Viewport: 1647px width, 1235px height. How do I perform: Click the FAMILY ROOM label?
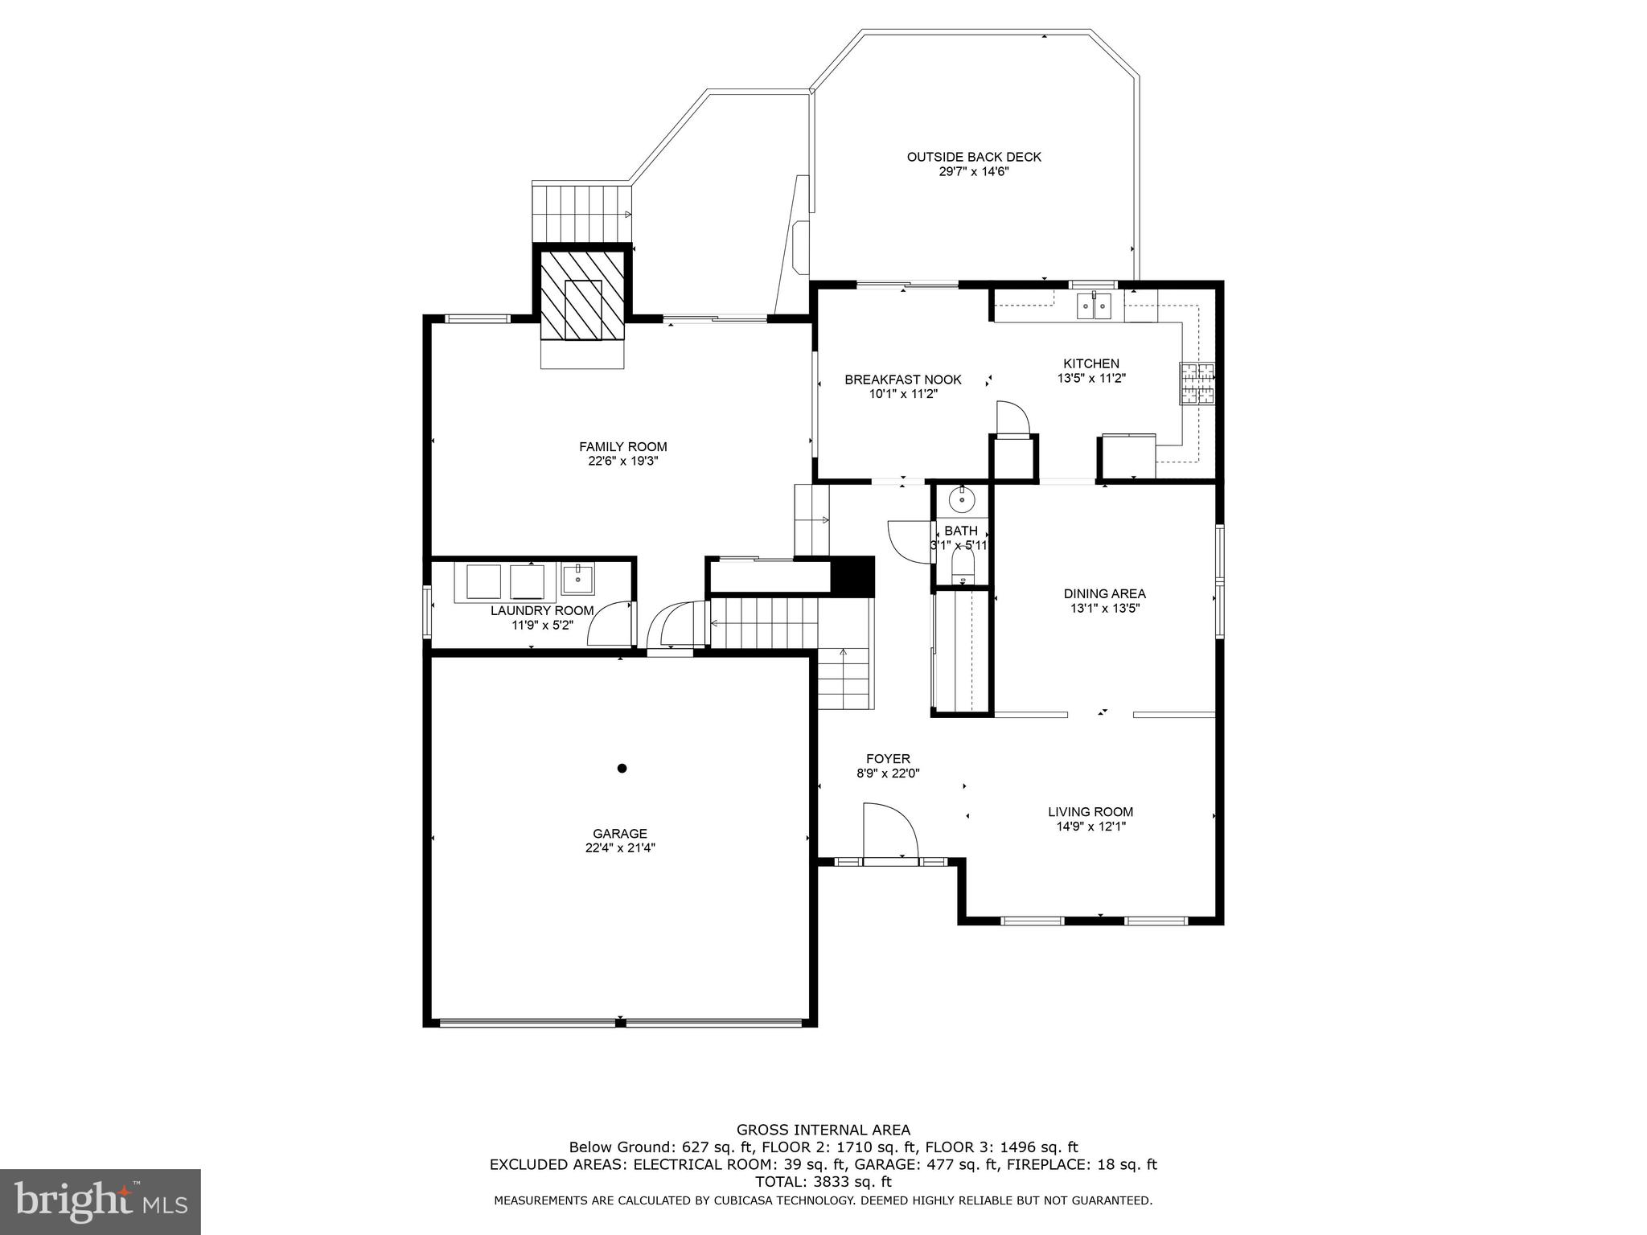point(622,447)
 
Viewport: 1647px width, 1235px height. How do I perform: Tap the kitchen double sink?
point(1094,306)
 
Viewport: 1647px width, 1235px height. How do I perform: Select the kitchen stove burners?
point(1197,383)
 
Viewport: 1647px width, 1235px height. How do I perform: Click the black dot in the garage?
point(622,769)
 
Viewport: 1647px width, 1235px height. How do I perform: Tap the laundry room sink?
point(577,577)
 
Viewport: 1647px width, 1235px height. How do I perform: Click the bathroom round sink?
point(962,500)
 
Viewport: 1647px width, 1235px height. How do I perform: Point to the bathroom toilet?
point(963,568)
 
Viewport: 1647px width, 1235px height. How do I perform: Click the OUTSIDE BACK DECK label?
point(974,157)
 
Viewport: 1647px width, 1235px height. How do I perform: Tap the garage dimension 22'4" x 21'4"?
point(620,847)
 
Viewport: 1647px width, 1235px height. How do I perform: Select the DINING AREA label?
point(1104,593)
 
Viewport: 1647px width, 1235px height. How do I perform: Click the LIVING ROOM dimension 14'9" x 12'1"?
point(1090,826)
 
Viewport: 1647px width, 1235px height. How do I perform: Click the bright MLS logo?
point(101,1202)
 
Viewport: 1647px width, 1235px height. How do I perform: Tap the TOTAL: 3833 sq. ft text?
point(823,1182)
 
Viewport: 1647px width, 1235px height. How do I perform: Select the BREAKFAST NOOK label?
point(902,380)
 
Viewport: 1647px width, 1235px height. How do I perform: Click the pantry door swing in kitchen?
point(1012,418)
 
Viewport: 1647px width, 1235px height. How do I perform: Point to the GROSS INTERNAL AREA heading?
point(823,1130)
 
